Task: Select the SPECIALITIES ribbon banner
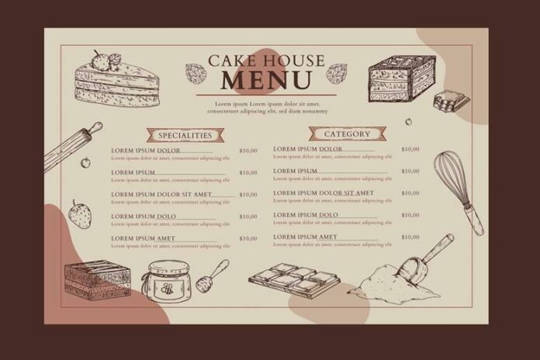point(180,134)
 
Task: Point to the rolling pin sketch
point(73,146)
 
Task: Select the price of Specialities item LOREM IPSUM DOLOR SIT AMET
point(247,194)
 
